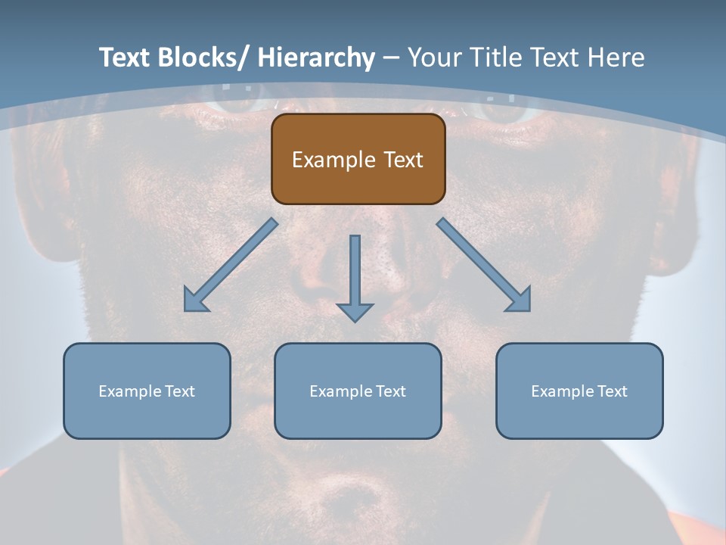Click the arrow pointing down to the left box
click(231, 265)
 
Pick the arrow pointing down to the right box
click(484, 265)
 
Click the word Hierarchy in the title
click(316, 57)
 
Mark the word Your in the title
click(436, 57)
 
